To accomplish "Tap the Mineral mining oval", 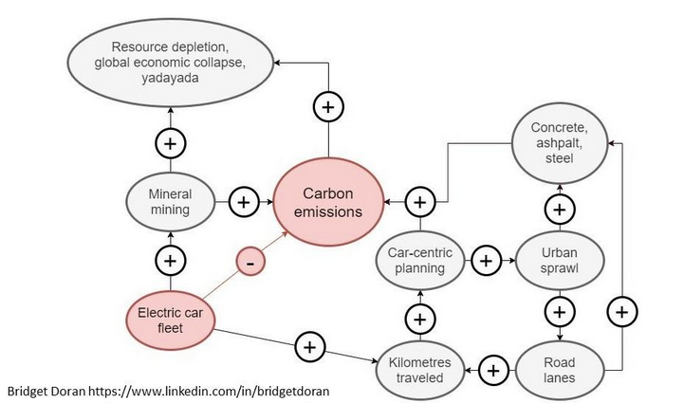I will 171,201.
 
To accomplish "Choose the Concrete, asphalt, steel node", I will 560,142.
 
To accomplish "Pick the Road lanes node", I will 560,369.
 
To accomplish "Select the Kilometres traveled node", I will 420,369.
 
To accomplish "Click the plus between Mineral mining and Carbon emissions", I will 245,201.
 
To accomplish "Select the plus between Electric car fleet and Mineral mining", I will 171,259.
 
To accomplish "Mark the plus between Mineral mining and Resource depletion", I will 171,144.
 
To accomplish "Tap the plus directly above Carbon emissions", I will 328,107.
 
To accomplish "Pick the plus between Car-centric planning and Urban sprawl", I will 486,260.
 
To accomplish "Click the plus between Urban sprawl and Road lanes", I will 560,311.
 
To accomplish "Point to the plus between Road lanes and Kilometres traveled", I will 492,369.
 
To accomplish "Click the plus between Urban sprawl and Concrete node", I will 560,208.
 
